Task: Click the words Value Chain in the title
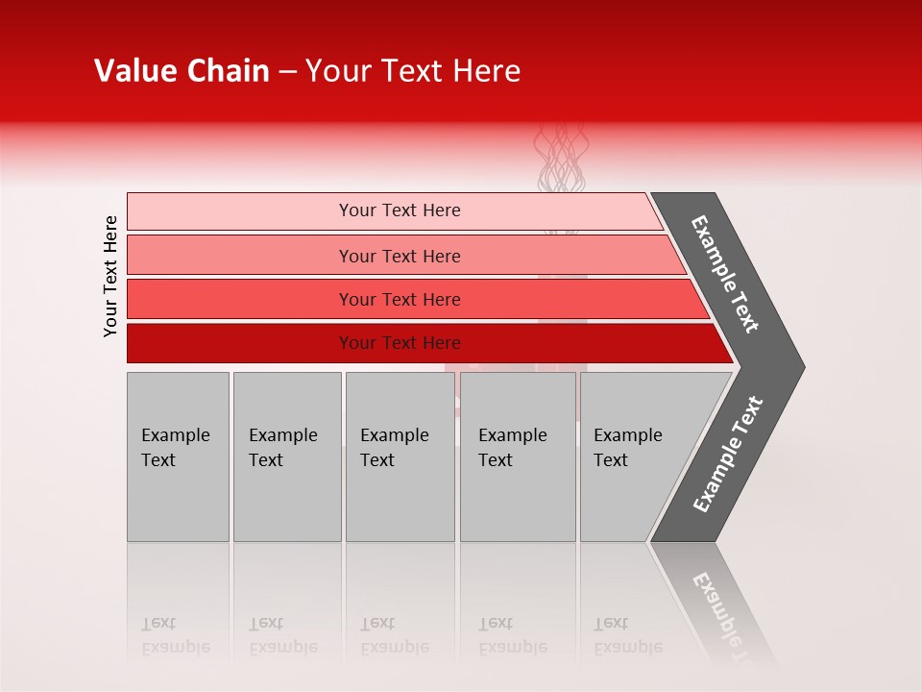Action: click(182, 71)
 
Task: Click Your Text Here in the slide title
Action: click(413, 71)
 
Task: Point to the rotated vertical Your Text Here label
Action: click(110, 276)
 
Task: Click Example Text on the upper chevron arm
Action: click(725, 274)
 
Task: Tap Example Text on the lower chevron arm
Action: click(728, 455)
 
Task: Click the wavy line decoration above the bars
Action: click(560, 159)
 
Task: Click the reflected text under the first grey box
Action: click(175, 635)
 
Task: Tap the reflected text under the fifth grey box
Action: click(627, 635)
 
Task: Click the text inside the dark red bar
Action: click(400, 343)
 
